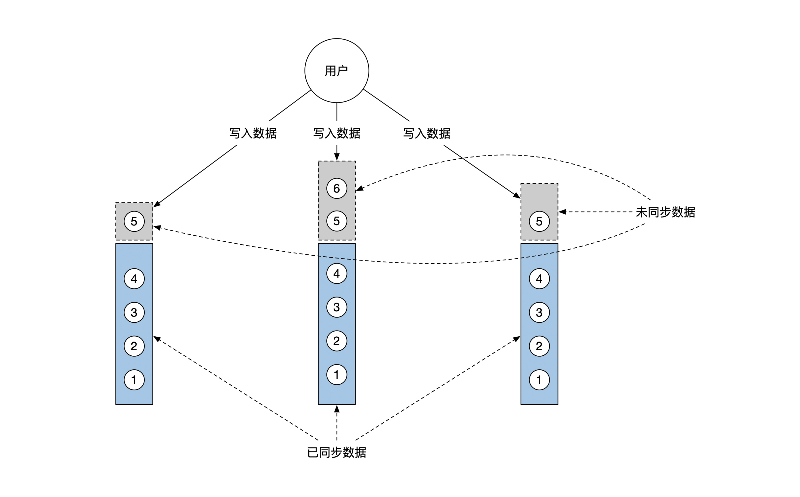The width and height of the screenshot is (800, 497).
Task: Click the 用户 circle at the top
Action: coord(337,71)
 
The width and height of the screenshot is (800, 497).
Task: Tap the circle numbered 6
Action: coord(337,188)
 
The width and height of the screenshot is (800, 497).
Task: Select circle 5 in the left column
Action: coord(134,221)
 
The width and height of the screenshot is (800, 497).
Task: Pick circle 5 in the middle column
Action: coord(337,221)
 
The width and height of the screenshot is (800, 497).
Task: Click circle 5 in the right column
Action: coord(539,221)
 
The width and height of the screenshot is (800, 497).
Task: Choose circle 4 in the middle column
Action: coord(337,273)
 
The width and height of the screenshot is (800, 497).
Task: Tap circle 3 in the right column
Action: coord(539,312)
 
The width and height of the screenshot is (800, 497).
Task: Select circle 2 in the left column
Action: coord(134,346)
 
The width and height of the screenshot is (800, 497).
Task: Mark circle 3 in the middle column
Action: coord(337,307)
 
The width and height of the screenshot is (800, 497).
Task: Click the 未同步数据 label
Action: coord(665,212)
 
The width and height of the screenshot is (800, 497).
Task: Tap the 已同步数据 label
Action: coord(337,453)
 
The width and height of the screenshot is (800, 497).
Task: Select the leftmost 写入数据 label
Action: coord(253,133)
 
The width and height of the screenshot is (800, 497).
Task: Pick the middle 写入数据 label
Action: coord(337,133)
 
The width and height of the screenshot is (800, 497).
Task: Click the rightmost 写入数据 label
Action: coord(427,133)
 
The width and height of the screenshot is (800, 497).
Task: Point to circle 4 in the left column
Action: coord(134,279)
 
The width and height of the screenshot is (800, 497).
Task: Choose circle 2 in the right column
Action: coord(539,346)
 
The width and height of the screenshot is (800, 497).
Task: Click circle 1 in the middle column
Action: coord(337,374)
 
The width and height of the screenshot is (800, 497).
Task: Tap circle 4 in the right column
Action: coord(539,279)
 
